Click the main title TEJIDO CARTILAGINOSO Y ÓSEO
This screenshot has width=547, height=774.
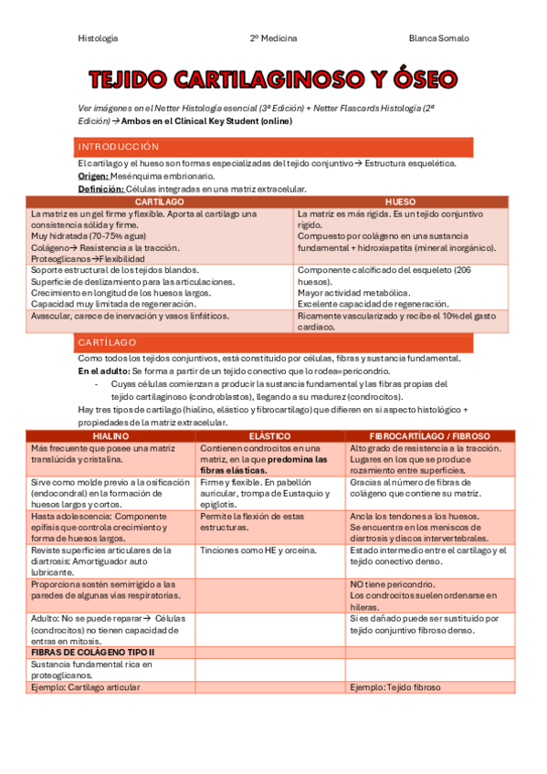(273, 79)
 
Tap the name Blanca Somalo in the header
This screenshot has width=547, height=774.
(438, 38)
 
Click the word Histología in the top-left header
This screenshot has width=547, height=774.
(98, 38)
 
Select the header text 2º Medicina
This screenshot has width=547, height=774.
(273, 38)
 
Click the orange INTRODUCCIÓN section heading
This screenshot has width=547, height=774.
(119, 147)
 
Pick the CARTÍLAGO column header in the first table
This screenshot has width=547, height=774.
(160, 201)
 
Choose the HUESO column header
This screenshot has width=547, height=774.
(400, 201)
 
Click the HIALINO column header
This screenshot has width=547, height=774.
(111, 437)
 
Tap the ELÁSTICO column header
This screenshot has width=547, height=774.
(269, 437)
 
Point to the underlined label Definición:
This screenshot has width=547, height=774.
(100, 189)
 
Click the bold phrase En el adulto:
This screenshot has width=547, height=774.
(104, 372)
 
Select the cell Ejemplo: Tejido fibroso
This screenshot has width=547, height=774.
(394, 687)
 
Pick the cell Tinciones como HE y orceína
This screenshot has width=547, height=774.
(258, 550)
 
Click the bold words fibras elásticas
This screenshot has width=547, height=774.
(234, 470)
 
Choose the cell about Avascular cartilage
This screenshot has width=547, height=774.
(130, 316)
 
